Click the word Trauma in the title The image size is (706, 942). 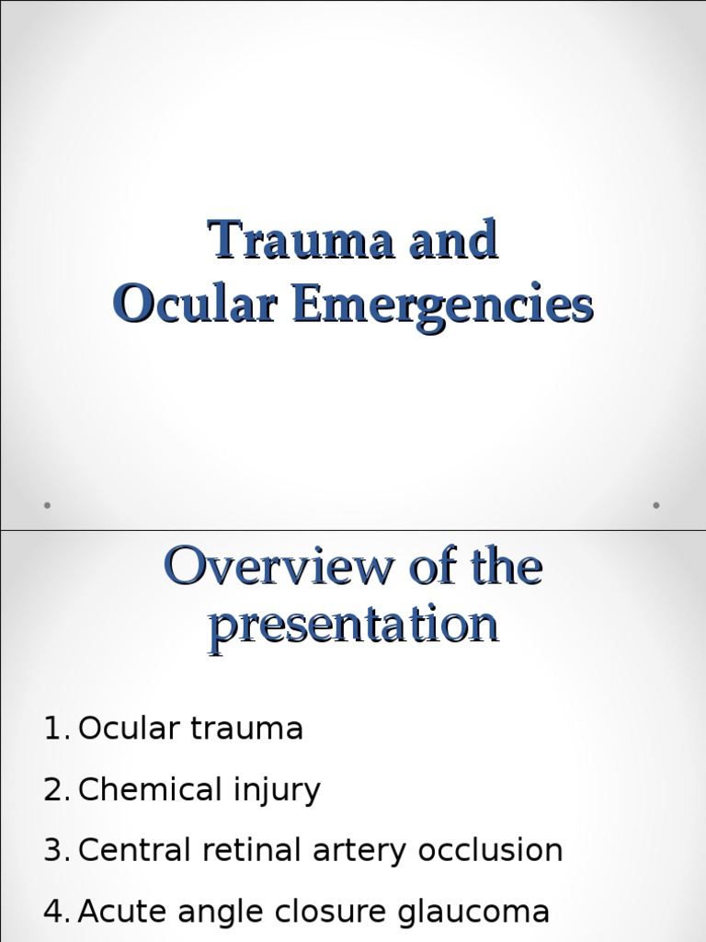289,242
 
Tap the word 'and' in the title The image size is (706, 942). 448,242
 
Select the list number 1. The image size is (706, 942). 56,729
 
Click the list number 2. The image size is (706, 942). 56,790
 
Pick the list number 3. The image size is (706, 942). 56,851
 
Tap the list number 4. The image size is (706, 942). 56,912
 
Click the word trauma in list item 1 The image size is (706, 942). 247,729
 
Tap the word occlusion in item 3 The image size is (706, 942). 490,851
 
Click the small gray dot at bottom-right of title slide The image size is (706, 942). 656,504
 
